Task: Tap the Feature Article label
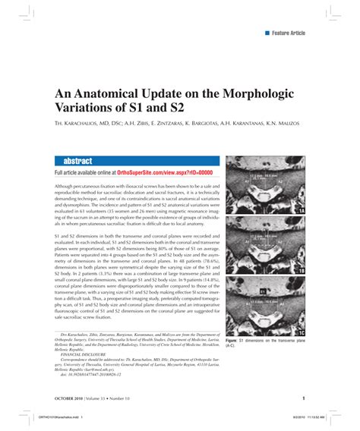pyautogui.click(x=289, y=33)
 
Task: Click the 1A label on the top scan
pyautogui.click(x=302, y=210)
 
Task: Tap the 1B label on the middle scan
pyautogui.click(x=302, y=270)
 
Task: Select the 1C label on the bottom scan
pyautogui.click(x=302, y=332)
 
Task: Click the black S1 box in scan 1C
pyautogui.click(x=263, y=291)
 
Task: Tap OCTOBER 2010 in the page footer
pyautogui.click(x=70, y=398)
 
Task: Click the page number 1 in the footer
pyautogui.click(x=304, y=398)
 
